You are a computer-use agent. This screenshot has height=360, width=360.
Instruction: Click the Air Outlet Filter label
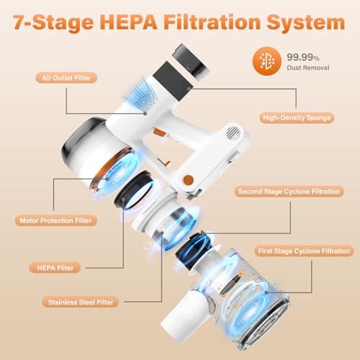click(66, 78)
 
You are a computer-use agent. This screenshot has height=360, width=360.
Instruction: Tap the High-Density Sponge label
click(297, 118)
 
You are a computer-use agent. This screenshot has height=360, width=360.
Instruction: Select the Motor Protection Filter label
click(55, 220)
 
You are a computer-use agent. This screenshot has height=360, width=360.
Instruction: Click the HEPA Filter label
click(55, 268)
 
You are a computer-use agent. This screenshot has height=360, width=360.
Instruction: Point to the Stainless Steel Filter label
click(81, 302)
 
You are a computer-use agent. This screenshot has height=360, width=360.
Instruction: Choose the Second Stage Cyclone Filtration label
click(289, 192)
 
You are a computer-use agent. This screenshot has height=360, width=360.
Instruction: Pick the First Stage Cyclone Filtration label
click(304, 251)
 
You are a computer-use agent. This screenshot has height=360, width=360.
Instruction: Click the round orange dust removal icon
click(267, 61)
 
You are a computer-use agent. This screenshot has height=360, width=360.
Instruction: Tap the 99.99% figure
click(303, 57)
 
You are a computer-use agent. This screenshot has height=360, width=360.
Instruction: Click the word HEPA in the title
click(130, 22)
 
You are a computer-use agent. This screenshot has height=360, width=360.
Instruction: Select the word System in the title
click(306, 23)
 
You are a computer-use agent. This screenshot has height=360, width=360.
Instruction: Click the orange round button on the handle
click(189, 180)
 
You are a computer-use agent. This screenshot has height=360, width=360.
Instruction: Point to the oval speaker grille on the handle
click(233, 132)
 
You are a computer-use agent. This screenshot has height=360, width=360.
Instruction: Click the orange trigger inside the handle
click(158, 132)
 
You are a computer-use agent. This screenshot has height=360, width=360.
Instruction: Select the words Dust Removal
click(308, 68)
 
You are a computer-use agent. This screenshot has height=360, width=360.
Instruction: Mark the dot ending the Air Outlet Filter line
click(145, 113)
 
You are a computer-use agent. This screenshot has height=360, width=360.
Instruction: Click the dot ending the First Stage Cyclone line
click(266, 292)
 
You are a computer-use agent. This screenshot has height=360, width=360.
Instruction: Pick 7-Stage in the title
click(53, 23)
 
